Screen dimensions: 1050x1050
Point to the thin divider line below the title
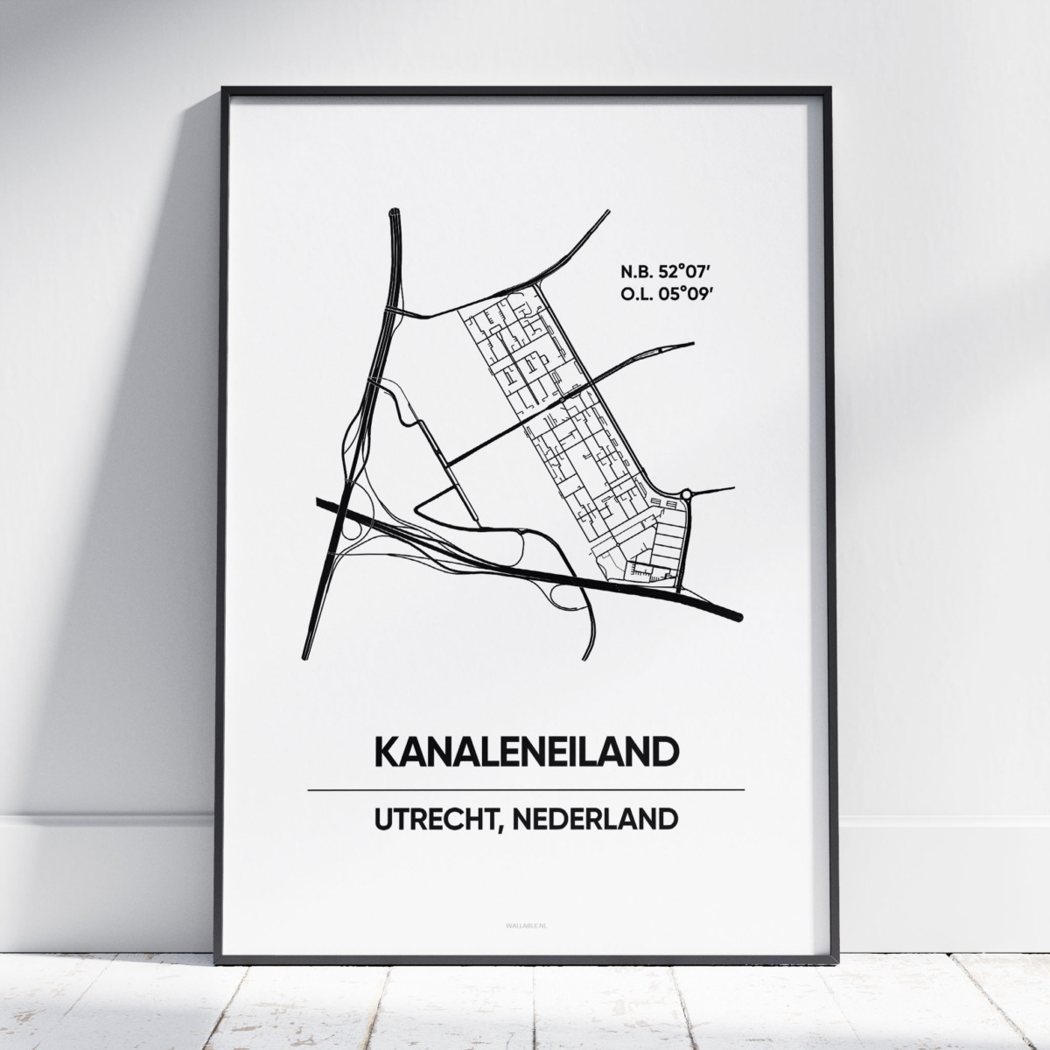(526, 790)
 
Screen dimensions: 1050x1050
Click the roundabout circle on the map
(685, 494)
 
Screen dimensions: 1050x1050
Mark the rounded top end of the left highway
(393, 212)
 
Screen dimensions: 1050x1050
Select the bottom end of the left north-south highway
(305, 655)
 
